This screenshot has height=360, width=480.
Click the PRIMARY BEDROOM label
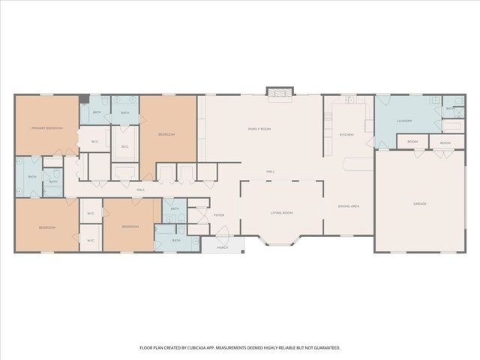(x=46, y=128)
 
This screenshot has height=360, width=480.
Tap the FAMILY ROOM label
(x=259, y=129)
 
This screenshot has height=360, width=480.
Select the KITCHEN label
(x=346, y=134)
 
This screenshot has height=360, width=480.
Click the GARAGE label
(x=420, y=203)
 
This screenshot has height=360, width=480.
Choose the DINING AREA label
(x=349, y=205)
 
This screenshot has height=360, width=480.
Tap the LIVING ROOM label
(x=282, y=213)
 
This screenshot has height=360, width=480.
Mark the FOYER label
(x=219, y=215)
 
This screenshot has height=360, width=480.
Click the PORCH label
(x=222, y=247)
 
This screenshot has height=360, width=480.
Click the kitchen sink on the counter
(x=349, y=100)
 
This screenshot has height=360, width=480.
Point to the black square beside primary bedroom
(x=84, y=99)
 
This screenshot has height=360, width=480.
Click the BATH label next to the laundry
(x=448, y=109)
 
